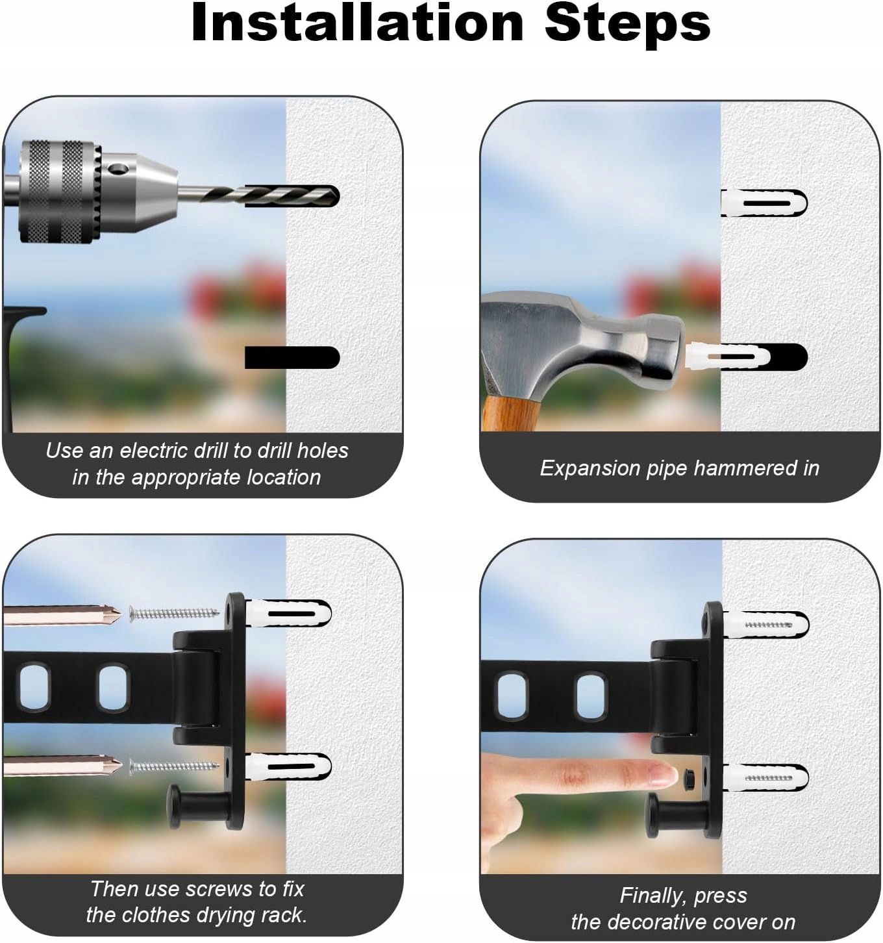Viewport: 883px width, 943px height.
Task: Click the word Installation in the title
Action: [358, 23]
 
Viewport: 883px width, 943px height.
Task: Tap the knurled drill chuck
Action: [59, 192]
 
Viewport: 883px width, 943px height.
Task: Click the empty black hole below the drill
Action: [292, 357]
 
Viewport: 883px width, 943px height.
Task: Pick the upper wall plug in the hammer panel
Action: [764, 203]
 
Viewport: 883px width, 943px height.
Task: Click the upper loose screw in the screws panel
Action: [174, 614]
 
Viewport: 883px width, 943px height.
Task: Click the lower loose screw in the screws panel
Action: [174, 766]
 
